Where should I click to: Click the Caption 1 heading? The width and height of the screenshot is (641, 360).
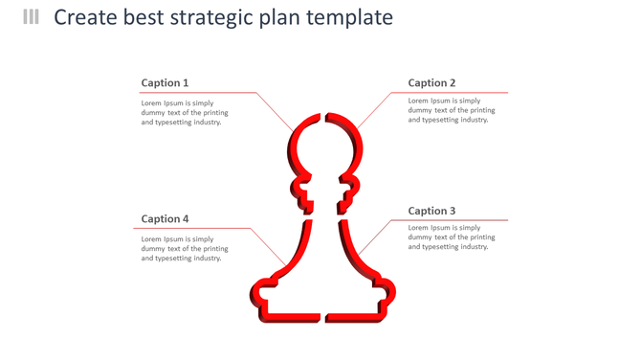tap(165, 83)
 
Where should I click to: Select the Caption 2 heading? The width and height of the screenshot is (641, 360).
tap(431, 83)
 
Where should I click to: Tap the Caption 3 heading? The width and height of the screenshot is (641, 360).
tap(431, 211)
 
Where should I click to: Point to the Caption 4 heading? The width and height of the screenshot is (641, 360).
tap(165, 219)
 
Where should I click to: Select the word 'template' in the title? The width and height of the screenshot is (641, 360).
tap(349, 18)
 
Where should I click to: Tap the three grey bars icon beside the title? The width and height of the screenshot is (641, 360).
tap(32, 17)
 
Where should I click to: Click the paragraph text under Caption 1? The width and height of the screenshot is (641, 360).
tap(184, 112)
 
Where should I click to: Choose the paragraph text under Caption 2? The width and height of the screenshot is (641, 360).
tap(451, 110)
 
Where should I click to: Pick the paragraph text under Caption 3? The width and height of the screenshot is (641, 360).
tap(451, 237)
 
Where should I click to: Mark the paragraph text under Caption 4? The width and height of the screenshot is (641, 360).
tap(184, 249)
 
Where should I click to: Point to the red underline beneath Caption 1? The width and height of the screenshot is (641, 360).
tap(196, 93)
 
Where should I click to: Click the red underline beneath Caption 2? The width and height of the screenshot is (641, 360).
tap(450, 93)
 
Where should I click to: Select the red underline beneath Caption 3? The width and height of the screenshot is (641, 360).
tap(450, 220)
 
